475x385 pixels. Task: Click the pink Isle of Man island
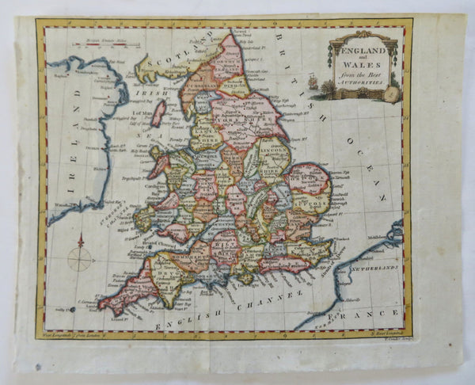pos(159,112)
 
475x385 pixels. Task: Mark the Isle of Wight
pos(246,278)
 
